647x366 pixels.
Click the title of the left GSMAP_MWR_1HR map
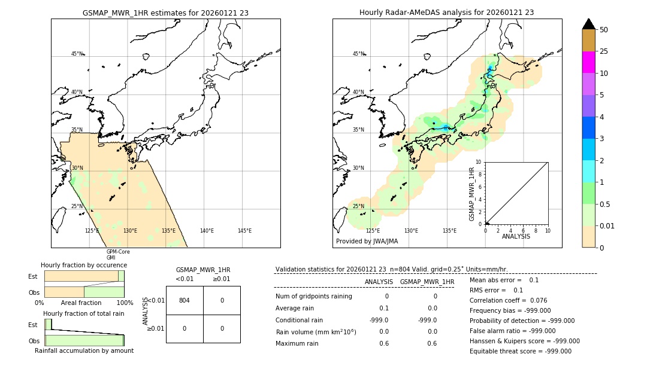coord(165,13)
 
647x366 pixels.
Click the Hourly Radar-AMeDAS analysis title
coord(446,13)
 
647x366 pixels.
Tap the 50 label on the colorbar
coord(604,30)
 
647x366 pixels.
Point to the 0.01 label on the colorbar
coord(607,225)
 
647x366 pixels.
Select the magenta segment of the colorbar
coord(588,62)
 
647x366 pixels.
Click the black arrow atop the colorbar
coord(588,24)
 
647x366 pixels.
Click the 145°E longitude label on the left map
coord(244,231)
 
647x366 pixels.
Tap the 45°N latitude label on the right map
coord(358,54)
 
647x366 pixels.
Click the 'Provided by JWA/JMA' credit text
coord(367,242)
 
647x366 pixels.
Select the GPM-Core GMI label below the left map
coord(118,255)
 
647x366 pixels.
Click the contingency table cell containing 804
coord(185,300)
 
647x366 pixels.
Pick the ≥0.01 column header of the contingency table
coord(221,279)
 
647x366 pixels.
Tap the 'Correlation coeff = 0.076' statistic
coord(508,300)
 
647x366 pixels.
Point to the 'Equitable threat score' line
coord(520,351)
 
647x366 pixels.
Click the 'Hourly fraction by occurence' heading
coord(84,265)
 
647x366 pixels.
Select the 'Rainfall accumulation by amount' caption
coord(84,350)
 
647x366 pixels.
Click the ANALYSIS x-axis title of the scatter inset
coord(516,236)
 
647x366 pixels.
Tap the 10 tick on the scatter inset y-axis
coord(478,162)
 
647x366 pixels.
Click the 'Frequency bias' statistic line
coord(510,310)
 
